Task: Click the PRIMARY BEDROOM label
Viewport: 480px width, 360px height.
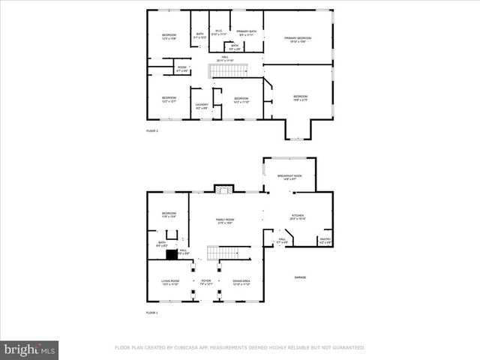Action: click(x=298, y=37)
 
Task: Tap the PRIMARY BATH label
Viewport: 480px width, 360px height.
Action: click(x=247, y=31)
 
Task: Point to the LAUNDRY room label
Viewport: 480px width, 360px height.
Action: click(x=202, y=106)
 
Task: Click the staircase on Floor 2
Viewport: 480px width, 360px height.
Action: click(x=227, y=71)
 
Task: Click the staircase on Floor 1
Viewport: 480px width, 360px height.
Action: click(x=223, y=252)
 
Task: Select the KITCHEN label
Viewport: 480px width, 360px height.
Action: click(x=298, y=215)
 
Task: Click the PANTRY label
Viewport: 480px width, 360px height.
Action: click(x=325, y=240)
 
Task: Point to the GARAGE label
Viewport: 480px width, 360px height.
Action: click(x=300, y=277)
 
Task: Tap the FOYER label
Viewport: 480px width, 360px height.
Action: click(x=205, y=281)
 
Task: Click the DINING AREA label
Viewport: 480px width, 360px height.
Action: click(x=241, y=281)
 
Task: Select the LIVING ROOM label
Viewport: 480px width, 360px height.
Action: click(x=169, y=281)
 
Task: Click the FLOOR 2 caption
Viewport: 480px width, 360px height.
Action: click(x=152, y=130)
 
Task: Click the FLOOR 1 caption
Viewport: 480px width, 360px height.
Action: click(x=152, y=311)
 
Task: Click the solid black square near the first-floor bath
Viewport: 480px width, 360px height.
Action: click(x=172, y=254)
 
